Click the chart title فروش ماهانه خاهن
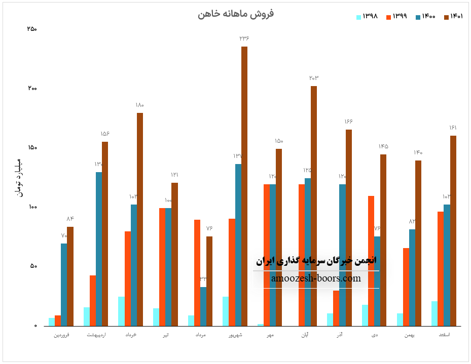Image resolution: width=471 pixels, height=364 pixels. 235,14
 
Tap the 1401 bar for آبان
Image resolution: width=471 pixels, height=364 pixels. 314,206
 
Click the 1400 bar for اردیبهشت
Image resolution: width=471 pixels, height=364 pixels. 99,249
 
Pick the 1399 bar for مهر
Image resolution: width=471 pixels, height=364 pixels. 267,255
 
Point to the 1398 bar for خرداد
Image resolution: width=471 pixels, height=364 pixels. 121,311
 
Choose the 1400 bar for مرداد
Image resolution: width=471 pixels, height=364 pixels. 203,306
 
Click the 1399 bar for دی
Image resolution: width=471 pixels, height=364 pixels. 371,261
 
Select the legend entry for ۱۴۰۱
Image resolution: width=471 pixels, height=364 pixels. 453,16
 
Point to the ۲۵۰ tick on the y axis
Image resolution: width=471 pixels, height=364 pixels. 31,29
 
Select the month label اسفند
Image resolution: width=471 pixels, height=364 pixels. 444,335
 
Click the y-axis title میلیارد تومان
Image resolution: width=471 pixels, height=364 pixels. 20,177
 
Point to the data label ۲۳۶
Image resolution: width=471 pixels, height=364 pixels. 244,38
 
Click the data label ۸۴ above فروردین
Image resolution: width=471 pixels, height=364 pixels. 70,219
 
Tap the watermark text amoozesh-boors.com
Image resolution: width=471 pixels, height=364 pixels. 316,278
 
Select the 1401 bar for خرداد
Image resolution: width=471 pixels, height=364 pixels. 140,219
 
